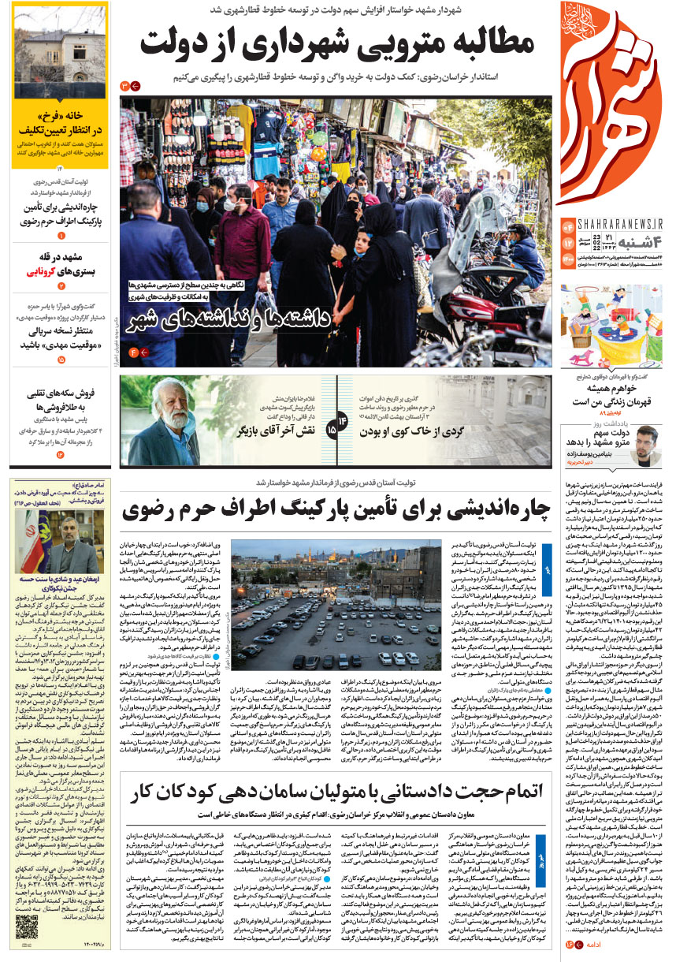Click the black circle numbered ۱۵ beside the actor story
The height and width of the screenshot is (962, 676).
(332, 431)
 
